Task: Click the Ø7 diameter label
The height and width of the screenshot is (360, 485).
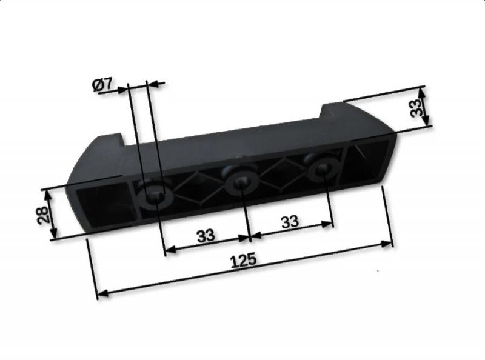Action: tap(102, 84)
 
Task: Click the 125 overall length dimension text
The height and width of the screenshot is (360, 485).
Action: tap(244, 260)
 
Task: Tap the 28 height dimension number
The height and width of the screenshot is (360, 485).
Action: tap(43, 215)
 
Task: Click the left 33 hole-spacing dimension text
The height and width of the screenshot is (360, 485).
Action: tap(206, 235)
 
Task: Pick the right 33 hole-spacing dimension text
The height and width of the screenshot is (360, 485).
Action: tap(290, 221)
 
